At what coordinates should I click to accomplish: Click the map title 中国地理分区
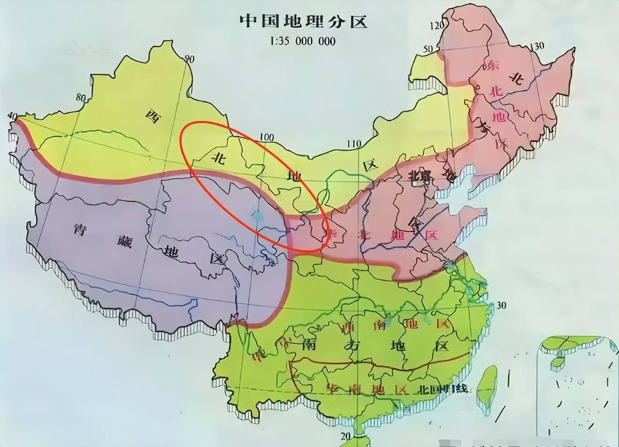(x=303, y=21)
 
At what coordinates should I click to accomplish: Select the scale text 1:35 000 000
(x=303, y=41)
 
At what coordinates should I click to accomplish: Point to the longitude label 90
(x=189, y=59)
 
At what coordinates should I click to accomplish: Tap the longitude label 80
(x=81, y=98)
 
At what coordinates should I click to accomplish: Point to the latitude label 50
(x=428, y=49)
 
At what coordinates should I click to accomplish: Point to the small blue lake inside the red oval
(x=257, y=216)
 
